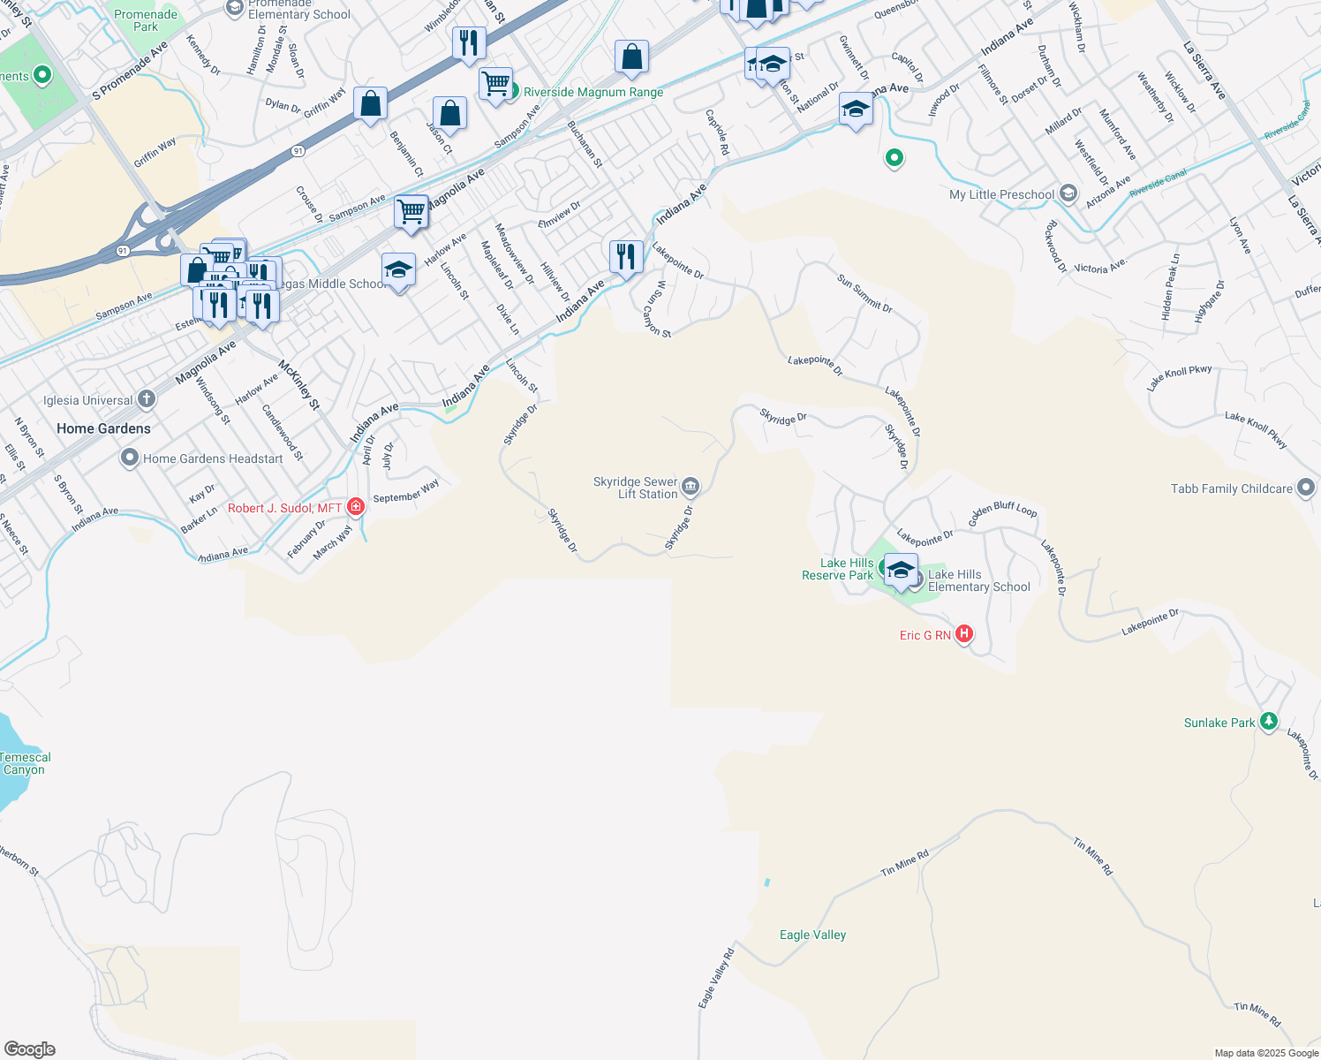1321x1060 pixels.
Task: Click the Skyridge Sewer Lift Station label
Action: click(636, 488)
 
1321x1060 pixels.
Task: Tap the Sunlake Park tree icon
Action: click(1269, 722)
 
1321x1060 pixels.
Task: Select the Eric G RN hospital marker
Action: click(964, 634)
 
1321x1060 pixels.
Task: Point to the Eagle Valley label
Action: click(812, 935)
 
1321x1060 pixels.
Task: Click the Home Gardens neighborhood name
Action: click(103, 428)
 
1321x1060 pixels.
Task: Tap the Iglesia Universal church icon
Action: click(147, 399)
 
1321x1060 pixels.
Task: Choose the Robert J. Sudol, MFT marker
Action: click(356, 507)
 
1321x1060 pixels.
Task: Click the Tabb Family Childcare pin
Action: click(1306, 488)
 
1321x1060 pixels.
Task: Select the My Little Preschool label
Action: click(1001, 194)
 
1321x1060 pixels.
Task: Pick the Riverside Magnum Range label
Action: click(593, 92)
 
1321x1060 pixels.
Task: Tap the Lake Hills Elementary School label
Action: click(978, 580)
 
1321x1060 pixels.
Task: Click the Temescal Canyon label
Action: click(25, 763)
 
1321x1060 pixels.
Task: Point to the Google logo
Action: click(30, 1049)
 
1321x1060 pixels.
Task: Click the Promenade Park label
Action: click(146, 20)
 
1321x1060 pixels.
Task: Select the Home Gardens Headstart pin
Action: click(130, 458)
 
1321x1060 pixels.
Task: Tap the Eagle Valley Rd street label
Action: click(716, 978)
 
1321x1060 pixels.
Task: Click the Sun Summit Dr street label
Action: click(864, 293)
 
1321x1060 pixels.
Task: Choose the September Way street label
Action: click(406, 492)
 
